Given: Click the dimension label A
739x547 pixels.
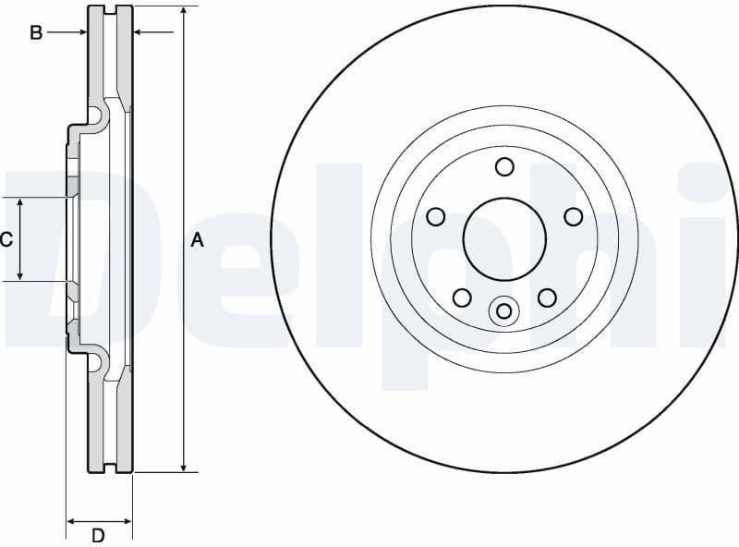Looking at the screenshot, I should click(197, 240).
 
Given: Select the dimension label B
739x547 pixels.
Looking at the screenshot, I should click(36, 33).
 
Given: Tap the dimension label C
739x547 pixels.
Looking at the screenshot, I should click(6, 240).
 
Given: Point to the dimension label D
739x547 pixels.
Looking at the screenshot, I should click(98, 535).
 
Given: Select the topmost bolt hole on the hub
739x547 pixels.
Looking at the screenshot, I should click(504, 166).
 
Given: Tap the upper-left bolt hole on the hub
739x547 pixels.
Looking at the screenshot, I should click(436, 216).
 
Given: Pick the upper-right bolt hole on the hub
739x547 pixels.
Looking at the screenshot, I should click(573, 216).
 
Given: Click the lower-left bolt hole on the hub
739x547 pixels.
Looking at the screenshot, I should click(462, 298).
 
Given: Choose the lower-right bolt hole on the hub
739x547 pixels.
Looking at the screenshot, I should click(547, 298).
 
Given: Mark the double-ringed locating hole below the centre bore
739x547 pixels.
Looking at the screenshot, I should click(503, 310).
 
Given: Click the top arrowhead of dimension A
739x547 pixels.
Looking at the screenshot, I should click(185, 12).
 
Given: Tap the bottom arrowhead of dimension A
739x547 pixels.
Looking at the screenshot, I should click(185, 467).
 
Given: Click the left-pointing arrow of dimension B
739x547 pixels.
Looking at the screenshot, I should click(140, 32).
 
